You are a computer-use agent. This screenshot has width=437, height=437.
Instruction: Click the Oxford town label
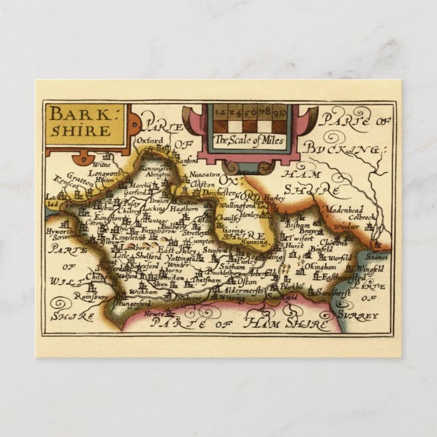(151, 141)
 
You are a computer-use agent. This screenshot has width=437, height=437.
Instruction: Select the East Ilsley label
(178, 250)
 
